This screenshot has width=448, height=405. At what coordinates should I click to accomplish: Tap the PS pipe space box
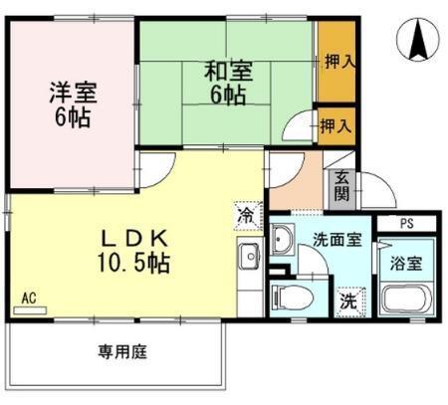tap(406, 224)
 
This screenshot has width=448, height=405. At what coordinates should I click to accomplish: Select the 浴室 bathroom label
tap(406, 266)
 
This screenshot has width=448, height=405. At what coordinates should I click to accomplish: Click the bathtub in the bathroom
tap(406, 300)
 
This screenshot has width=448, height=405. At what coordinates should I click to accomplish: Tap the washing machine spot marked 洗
tap(348, 299)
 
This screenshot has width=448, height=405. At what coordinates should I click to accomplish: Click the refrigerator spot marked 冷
tap(246, 213)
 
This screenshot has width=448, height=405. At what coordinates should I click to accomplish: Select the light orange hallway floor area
tap(296, 180)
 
